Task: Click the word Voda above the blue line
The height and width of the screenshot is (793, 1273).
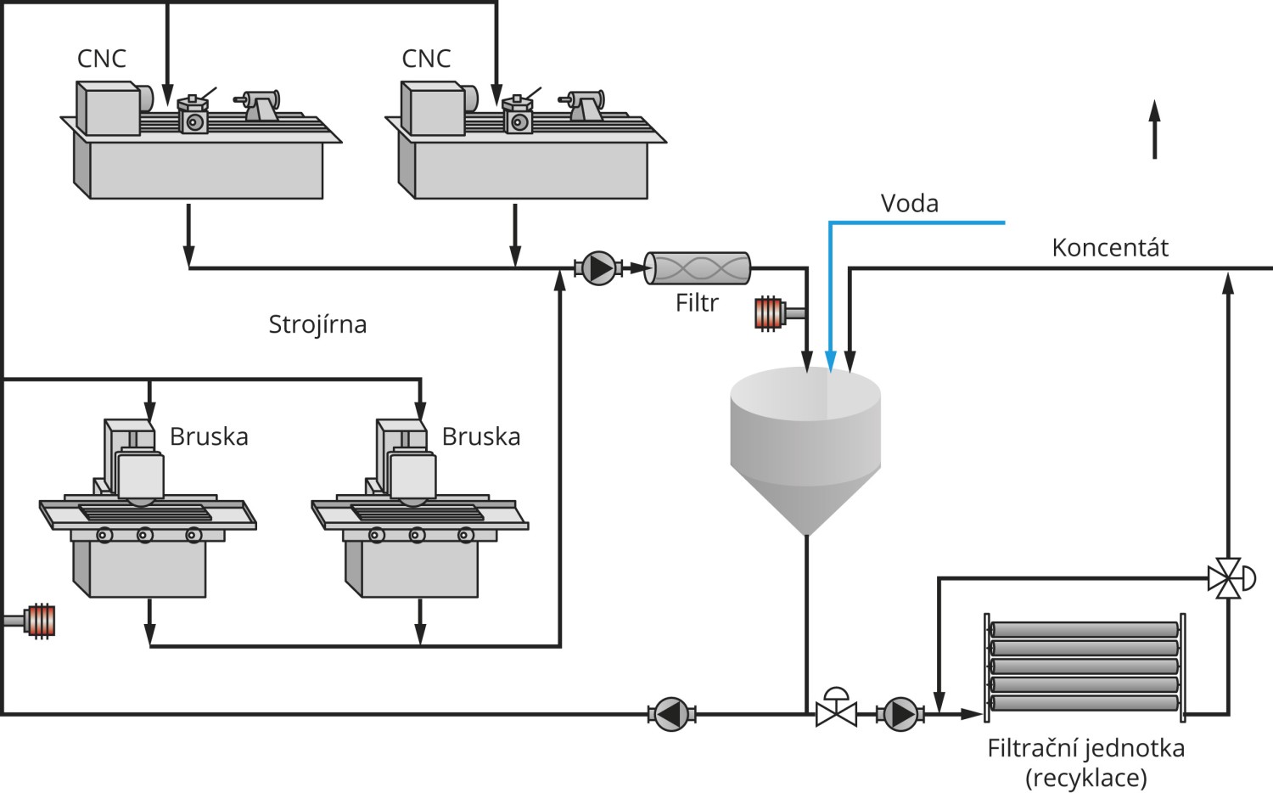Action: pyautogui.click(x=909, y=203)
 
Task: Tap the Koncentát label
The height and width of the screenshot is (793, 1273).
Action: pyautogui.click(x=1110, y=247)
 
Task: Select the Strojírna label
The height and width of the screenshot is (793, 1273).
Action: pyautogui.click(x=317, y=324)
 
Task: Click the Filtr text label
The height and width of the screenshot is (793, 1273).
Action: pyautogui.click(x=697, y=303)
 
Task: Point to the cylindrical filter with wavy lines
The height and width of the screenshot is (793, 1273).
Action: pyautogui.click(x=697, y=267)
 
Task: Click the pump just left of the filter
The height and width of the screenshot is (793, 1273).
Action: pyautogui.click(x=598, y=267)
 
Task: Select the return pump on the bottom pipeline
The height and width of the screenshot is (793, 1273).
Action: pyautogui.click(x=672, y=714)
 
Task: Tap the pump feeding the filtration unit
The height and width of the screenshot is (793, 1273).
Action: pyautogui.click(x=900, y=714)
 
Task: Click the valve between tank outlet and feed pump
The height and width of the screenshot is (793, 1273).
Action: pyautogui.click(x=836, y=708)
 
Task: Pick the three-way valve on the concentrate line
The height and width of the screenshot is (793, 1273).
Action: pyautogui.click(x=1231, y=579)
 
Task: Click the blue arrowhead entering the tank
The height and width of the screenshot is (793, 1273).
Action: pyautogui.click(x=830, y=362)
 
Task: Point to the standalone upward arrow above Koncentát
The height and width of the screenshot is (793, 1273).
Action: pyautogui.click(x=1154, y=129)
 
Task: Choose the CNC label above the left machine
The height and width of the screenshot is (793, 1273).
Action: pyautogui.click(x=101, y=58)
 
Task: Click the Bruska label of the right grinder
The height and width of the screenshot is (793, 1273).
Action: pyautogui.click(x=481, y=436)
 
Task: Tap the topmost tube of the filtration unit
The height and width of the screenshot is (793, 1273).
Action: pyautogui.click(x=1085, y=630)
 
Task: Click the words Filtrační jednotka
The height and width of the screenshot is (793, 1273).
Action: pyautogui.click(x=1086, y=748)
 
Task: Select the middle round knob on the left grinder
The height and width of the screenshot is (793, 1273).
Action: pyautogui.click(x=144, y=535)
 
